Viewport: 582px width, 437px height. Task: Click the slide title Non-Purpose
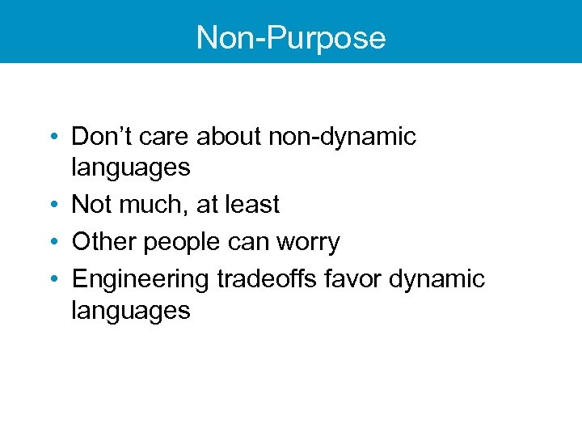click(x=291, y=37)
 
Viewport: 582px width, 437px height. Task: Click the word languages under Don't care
click(x=131, y=168)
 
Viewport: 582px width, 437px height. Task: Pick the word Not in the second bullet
click(x=91, y=204)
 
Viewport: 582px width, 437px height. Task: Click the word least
click(x=251, y=204)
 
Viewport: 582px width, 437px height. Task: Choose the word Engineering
click(x=141, y=280)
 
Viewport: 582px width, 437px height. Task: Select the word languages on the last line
click(x=131, y=311)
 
